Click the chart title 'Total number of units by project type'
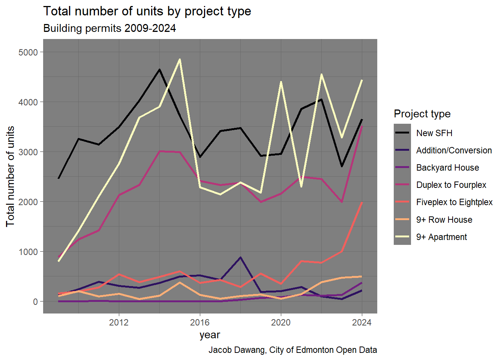tap(147, 11)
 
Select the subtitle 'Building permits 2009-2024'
tap(109, 28)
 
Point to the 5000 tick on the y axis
tap(28, 52)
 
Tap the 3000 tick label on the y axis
tap(28, 152)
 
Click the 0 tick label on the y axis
tap(35, 301)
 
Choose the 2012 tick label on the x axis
tap(119, 322)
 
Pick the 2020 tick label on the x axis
tap(281, 322)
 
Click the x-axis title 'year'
tap(210, 335)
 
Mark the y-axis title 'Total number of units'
tap(10, 176)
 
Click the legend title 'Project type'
tap(422, 114)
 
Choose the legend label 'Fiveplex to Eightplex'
tap(454, 202)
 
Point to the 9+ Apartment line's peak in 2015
tap(180, 59)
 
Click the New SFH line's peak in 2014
tap(159, 69)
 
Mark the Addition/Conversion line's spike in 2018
tap(240, 257)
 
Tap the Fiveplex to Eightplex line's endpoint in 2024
tap(361, 203)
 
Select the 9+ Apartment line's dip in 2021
tap(301, 186)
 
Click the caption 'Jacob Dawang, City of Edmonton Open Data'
tap(292, 350)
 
